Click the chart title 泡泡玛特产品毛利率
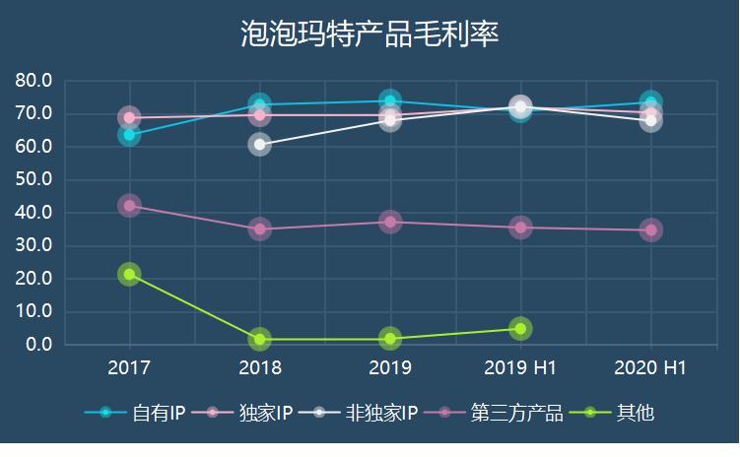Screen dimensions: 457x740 [x=370, y=33]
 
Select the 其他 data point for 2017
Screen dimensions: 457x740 [x=129, y=274]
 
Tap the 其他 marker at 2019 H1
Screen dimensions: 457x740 [x=520, y=328]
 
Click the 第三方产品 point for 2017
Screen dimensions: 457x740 [x=129, y=206]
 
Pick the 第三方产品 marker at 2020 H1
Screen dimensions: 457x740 [x=650, y=230]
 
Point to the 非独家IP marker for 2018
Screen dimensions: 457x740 [x=259, y=145]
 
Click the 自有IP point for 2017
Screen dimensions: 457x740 [x=129, y=135]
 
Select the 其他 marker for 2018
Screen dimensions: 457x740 [x=259, y=339]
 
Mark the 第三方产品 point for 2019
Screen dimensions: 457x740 [x=390, y=222]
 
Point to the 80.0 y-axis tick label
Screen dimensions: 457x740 [x=34, y=81]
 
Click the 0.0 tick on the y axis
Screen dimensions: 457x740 [x=39, y=345]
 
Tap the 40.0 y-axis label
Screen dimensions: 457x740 [x=34, y=213]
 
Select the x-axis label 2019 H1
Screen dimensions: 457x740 [x=520, y=368]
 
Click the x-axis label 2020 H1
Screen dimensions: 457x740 [x=650, y=368]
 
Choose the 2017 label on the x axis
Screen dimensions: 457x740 [x=129, y=368]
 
